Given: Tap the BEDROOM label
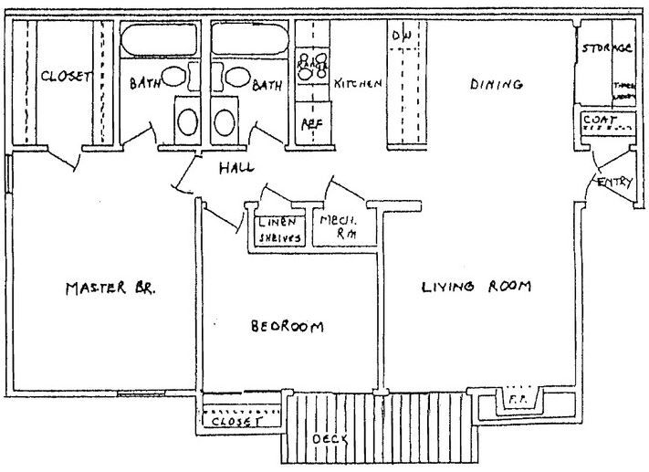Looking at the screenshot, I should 288,326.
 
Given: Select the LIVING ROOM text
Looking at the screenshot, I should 476,288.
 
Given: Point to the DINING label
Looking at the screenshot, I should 496,85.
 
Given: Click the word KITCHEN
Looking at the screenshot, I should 357,84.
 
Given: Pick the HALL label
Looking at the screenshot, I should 236,169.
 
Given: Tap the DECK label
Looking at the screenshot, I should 330,439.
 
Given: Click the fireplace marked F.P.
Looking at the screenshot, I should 517,399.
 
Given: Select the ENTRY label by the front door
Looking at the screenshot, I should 613,184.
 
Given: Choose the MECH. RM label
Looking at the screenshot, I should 337,227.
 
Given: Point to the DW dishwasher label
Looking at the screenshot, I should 401,35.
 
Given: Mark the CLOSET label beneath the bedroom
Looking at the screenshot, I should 236,423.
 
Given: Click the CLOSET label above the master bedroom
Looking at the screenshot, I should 66,78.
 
